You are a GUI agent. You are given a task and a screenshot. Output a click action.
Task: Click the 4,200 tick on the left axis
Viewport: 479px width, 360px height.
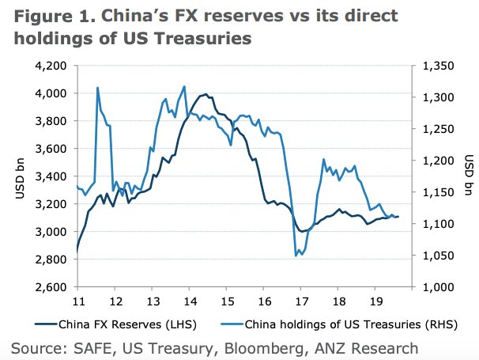[x=50, y=66]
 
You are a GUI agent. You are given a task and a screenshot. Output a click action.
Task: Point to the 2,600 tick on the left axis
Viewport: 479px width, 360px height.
[x=50, y=287]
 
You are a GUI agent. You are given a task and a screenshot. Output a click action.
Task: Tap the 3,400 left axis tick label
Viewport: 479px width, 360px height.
[x=50, y=176]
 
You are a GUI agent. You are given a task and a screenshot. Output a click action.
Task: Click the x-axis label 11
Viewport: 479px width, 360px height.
[x=78, y=302]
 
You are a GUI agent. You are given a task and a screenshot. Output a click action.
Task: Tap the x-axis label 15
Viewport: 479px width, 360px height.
[x=227, y=302]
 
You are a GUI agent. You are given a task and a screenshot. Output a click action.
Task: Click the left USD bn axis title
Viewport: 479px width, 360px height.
[x=21, y=176]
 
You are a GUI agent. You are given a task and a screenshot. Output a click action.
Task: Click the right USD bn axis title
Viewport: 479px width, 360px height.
[x=468, y=176]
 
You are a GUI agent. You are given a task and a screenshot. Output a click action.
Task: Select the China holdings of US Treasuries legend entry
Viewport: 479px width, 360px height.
[x=332, y=323]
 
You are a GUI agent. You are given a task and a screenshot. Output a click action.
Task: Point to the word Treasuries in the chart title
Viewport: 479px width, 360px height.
[x=215, y=36]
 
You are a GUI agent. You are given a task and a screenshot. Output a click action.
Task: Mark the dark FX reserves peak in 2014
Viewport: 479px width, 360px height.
[x=206, y=94]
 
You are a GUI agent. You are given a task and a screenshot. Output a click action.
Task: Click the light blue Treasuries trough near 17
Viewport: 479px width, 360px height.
[x=296, y=255]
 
